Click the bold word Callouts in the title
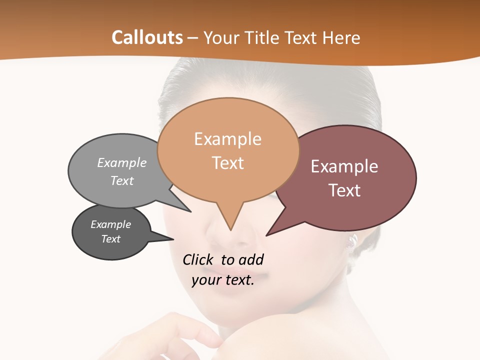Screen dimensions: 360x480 pos(147,37)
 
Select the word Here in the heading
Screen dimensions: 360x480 pos(342,37)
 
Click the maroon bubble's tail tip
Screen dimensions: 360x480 pos(267,235)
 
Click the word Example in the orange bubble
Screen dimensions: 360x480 pos(227,139)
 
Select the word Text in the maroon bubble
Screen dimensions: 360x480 pos(345,190)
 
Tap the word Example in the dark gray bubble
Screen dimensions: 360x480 pos(110,224)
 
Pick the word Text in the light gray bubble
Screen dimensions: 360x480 pos(121,180)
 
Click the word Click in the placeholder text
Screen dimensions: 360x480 pos(198,259)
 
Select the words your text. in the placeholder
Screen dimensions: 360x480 pos(223,280)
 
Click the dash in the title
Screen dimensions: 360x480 pos(193,37)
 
